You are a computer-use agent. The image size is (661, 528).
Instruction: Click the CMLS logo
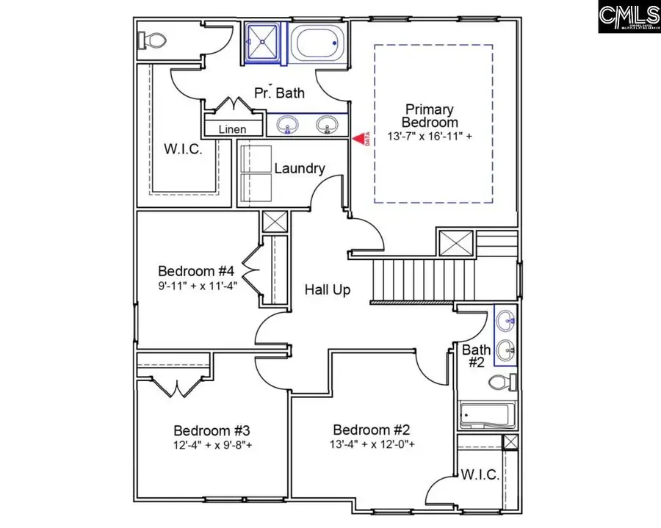coord(629,17)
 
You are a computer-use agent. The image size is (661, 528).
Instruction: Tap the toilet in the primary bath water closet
coord(147,38)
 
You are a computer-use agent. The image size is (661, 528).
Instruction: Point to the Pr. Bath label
coord(279,93)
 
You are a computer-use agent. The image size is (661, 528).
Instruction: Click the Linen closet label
coord(233,129)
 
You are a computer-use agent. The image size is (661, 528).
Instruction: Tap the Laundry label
coord(299,168)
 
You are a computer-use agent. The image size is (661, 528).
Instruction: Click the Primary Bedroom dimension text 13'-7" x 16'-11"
coord(430,137)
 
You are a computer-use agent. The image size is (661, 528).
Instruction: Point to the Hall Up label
coord(328,290)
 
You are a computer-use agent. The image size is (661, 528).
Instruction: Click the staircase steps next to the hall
coord(411,279)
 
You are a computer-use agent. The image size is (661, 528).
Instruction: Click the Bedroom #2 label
coord(371,430)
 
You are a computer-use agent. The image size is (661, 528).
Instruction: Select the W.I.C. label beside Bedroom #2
coord(480,474)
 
